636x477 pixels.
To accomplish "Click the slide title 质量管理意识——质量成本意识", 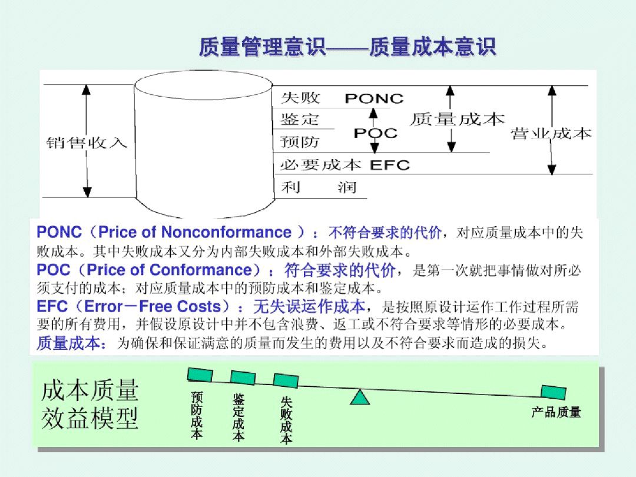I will pyautogui.click(x=347, y=47).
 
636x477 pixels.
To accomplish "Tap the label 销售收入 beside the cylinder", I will pyautogui.click(x=87, y=143).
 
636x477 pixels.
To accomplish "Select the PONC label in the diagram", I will pyautogui.click(x=374, y=98).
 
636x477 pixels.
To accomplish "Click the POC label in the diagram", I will pyautogui.click(x=375, y=134).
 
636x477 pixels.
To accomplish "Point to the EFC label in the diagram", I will pyautogui.click(x=389, y=165).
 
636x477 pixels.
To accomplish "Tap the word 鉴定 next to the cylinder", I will pyautogui.click(x=300, y=120).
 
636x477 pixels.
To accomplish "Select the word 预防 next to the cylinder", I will pyautogui.click(x=300, y=142).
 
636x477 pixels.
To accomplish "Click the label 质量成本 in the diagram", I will pyautogui.click(x=457, y=119).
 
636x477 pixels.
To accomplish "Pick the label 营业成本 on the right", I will pyautogui.click(x=551, y=134).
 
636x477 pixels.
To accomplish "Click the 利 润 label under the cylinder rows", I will pyautogui.click(x=318, y=188).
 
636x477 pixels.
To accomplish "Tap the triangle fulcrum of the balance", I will pyautogui.click(x=359, y=397).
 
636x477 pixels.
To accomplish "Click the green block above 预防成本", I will pyautogui.click(x=200, y=375).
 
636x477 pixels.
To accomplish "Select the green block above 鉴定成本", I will pyautogui.click(x=243, y=377).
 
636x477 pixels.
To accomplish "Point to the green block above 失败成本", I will pyautogui.click(x=286, y=380).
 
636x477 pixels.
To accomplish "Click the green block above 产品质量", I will pyautogui.click(x=554, y=392).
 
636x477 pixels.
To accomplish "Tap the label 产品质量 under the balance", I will pyautogui.click(x=556, y=412).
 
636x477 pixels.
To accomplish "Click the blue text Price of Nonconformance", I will pyautogui.click(x=194, y=232).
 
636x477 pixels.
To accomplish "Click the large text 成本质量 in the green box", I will pyautogui.click(x=90, y=390).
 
